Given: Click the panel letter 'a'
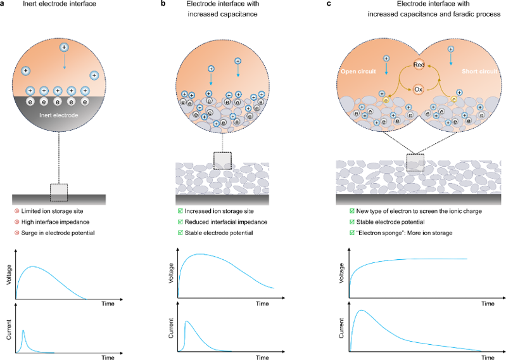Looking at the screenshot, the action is [x=3, y=4].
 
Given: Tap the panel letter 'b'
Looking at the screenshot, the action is [x=163, y=4].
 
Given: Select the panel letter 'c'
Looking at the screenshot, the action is [x=329, y=4].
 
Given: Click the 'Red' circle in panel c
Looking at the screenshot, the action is [x=419, y=65].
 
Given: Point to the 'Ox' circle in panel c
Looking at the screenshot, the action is [x=418, y=89].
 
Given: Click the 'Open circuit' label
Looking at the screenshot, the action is [x=358, y=72].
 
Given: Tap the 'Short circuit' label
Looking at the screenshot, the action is [x=479, y=72].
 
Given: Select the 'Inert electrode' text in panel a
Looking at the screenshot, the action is [x=59, y=115].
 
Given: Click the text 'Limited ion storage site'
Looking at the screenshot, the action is [x=53, y=211].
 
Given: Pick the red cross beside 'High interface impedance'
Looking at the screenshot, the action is [x=16, y=222].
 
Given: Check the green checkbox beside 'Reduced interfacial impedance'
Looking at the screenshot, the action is [x=180, y=222].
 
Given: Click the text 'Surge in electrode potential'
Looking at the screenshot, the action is [x=58, y=233].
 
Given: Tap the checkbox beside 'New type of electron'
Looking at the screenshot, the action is [x=351, y=211].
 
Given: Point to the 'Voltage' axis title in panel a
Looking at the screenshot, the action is [x=9, y=274].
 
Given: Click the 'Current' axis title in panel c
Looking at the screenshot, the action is [x=341, y=328].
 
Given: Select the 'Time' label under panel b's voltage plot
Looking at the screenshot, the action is [x=262, y=304].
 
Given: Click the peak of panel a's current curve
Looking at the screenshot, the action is [x=23, y=331].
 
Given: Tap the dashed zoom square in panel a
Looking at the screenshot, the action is [x=59, y=193].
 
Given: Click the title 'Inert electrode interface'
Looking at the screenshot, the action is [x=60, y=4].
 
